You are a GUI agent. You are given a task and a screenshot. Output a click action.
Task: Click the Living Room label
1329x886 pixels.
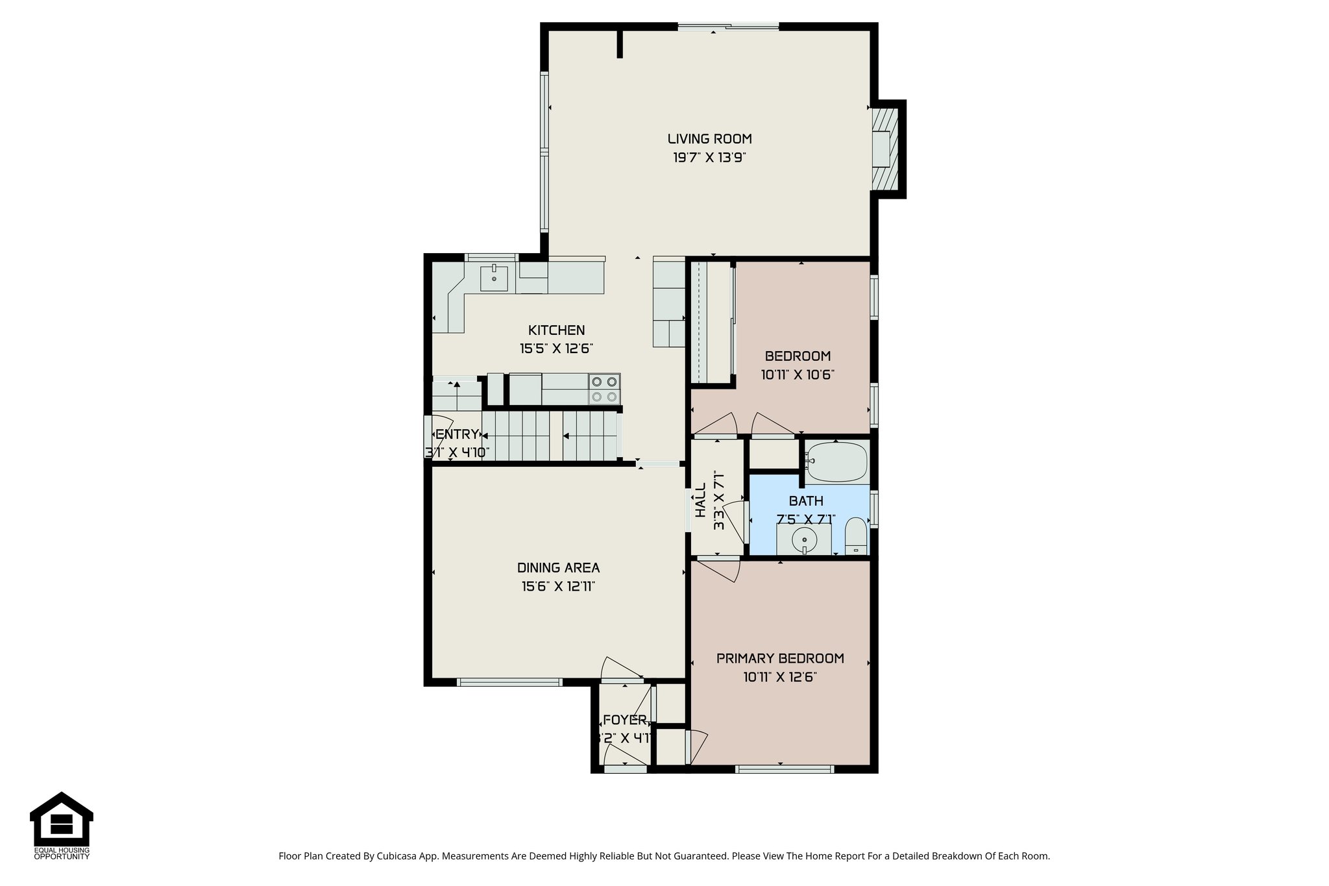tap(709, 138)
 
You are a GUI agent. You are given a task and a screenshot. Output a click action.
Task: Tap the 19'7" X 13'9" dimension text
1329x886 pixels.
tap(709, 157)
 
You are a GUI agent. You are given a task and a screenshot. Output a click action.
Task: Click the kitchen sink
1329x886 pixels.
tap(494, 278)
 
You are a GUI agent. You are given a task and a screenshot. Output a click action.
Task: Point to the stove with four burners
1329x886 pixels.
tap(604, 389)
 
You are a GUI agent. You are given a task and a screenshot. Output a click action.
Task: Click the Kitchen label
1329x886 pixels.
tap(556, 330)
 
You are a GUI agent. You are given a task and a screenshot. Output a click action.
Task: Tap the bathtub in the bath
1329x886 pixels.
tap(836, 461)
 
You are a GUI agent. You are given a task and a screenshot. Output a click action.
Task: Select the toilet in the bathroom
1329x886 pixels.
tap(856, 537)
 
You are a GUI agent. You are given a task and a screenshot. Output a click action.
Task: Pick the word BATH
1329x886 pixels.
tap(806, 500)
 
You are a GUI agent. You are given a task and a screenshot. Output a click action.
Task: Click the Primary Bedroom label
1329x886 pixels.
tap(780, 658)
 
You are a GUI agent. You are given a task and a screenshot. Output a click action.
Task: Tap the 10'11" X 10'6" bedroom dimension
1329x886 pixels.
tap(797, 375)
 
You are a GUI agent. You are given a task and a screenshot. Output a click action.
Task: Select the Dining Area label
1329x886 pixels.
tap(558, 567)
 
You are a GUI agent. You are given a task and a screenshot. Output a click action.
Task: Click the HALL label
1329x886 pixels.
tap(700, 500)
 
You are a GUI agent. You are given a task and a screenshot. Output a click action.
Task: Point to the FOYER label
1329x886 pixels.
tap(624, 720)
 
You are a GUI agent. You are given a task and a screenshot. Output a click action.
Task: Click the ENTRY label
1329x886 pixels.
tap(457, 434)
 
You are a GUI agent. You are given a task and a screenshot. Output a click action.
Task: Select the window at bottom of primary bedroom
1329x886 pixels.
tap(784, 769)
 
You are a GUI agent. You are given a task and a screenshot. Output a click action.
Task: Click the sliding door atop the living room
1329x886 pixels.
tap(728, 27)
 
